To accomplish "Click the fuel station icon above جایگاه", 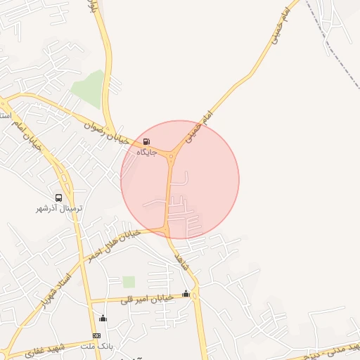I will (x=146, y=141).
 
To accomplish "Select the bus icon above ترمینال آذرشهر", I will (x=59, y=198).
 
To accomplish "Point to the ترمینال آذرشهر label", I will (x=59, y=209).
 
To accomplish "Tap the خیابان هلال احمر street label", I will (x=112, y=244).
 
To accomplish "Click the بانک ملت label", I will (x=97, y=347).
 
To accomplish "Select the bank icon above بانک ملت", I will (x=96, y=336).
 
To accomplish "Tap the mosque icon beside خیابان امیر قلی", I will (x=186, y=294).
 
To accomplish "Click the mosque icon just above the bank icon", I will (x=103, y=319).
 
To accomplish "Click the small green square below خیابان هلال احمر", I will (x=129, y=282).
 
